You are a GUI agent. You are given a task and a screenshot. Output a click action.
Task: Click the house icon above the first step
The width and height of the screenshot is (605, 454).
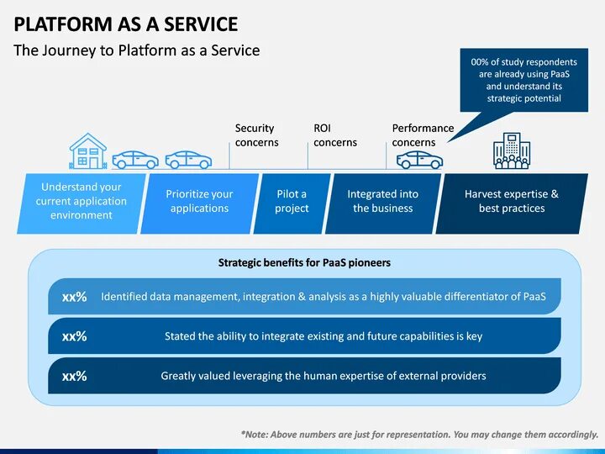coord(88,151)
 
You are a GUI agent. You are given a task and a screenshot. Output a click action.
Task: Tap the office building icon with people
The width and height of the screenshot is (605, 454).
coord(512,151)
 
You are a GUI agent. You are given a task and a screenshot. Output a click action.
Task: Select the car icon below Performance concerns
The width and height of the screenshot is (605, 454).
coord(418,160)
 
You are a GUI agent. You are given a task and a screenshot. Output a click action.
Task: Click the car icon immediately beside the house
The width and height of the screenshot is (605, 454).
coord(135,160)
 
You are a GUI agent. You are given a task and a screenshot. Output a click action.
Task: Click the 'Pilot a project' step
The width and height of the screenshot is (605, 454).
coord(292,202)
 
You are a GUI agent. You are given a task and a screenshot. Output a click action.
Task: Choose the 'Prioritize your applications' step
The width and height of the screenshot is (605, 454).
coord(199,202)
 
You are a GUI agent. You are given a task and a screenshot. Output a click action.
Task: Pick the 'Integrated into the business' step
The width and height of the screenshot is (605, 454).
coord(382,202)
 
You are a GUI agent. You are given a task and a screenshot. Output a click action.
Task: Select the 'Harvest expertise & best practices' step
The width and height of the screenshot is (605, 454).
coord(511,202)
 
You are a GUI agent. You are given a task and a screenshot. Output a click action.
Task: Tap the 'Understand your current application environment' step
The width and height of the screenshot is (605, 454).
coord(81,202)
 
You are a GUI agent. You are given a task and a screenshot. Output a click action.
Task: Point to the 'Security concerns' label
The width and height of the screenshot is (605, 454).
coord(256,135)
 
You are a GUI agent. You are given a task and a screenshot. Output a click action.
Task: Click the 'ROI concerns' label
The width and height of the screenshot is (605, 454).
coord(334,135)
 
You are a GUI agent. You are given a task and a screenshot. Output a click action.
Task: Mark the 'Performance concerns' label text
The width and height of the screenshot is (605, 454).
coord(423,135)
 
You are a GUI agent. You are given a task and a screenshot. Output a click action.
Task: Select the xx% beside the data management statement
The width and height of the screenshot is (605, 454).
coord(74,297)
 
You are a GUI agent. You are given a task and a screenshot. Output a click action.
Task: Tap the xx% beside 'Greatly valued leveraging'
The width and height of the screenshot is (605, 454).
coord(74,376)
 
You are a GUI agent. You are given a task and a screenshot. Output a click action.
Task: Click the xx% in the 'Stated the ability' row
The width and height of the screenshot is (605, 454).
coord(74,336)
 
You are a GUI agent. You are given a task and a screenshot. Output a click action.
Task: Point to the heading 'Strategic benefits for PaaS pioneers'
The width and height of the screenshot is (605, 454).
coord(304,262)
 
